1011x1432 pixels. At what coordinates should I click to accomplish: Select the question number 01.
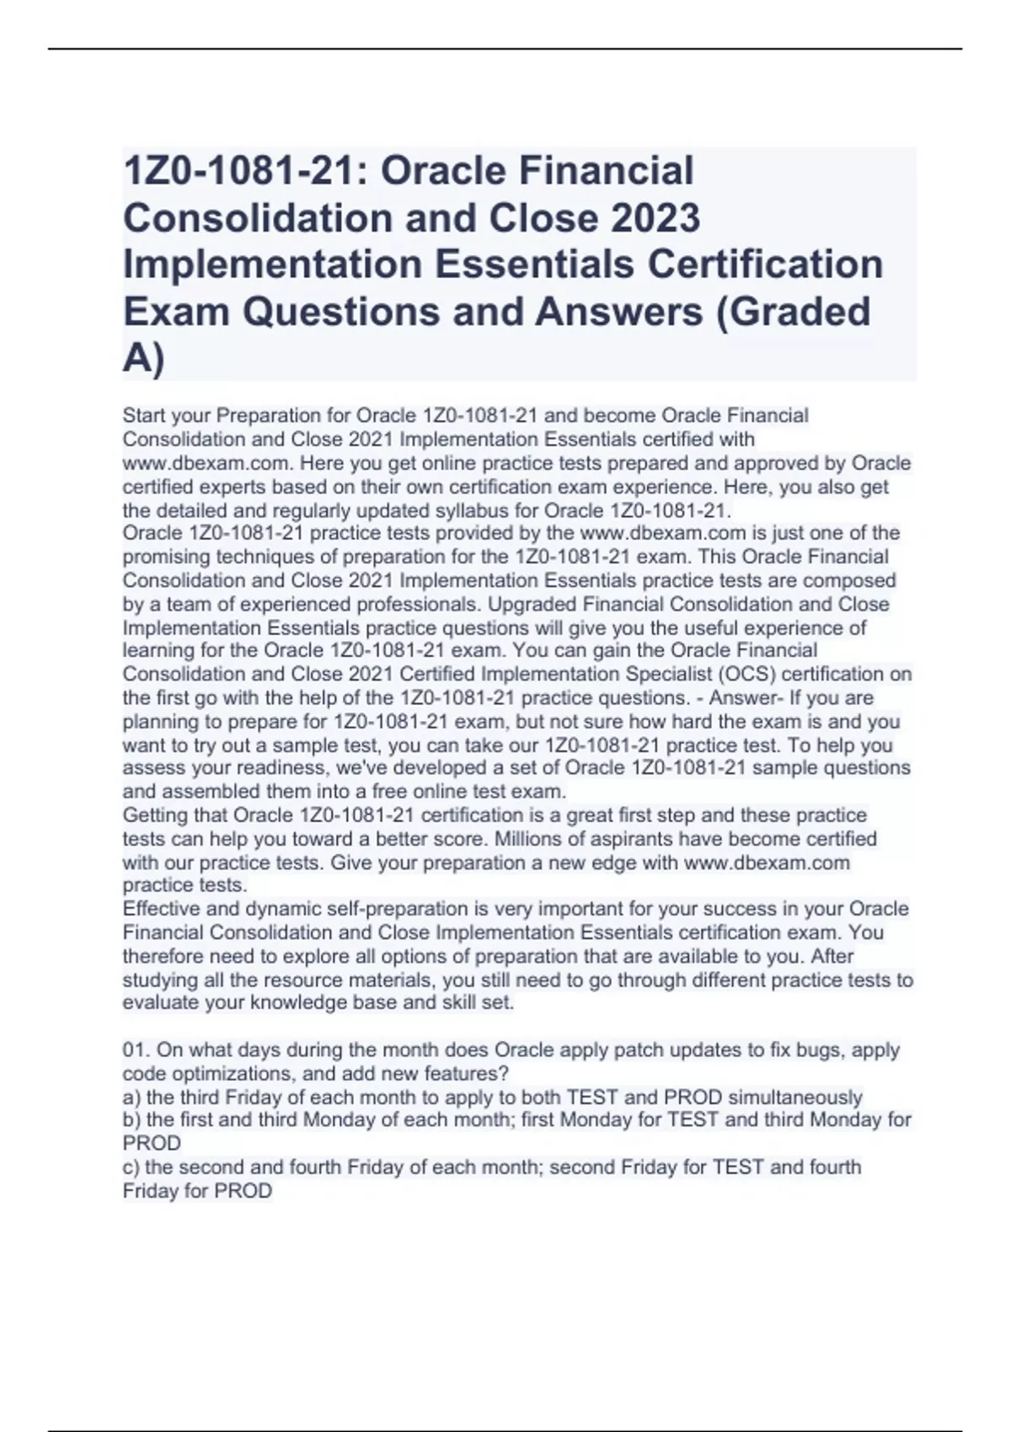coord(135,1050)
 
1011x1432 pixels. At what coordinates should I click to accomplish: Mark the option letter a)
coord(131,1098)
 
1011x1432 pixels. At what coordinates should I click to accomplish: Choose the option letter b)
coord(131,1120)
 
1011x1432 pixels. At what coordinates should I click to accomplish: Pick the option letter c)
coord(131,1168)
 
